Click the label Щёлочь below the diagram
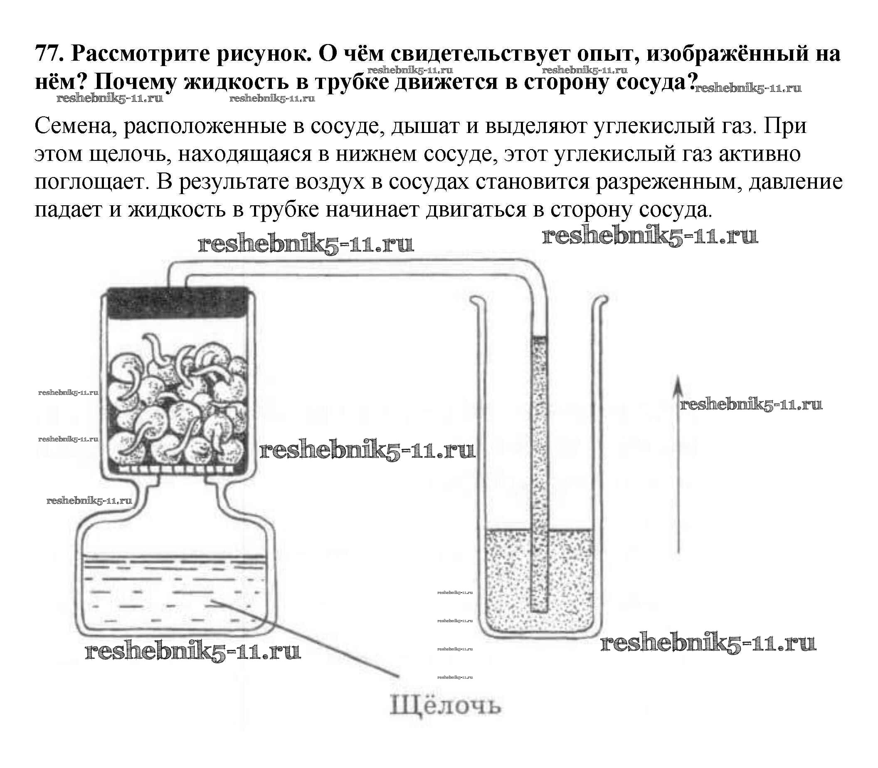[444, 706]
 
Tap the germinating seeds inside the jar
[176, 403]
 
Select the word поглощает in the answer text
[91, 182]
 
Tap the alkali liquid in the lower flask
[171, 596]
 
